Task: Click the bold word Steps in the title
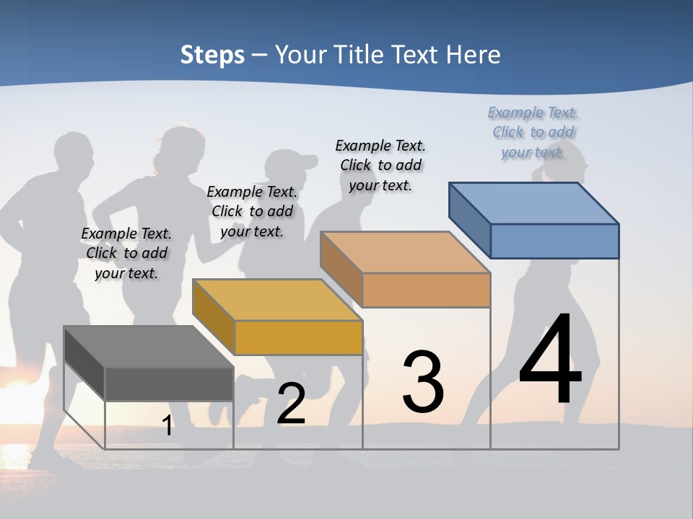click(212, 55)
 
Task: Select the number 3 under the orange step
click(423, 382)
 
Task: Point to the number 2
click(292, 404)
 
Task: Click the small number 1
click(167, 426)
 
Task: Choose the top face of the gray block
click(148, 347)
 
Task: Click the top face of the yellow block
click(277, 299)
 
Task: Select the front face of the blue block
click(554, 241)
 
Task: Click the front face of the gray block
click(169, 383)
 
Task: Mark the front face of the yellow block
click(298, 337)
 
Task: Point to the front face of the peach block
click(426, 290)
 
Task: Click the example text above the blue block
click(533, 132)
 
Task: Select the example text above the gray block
click(126, 253)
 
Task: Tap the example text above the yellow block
click(252, 211)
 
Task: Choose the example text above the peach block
click(380, 165)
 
